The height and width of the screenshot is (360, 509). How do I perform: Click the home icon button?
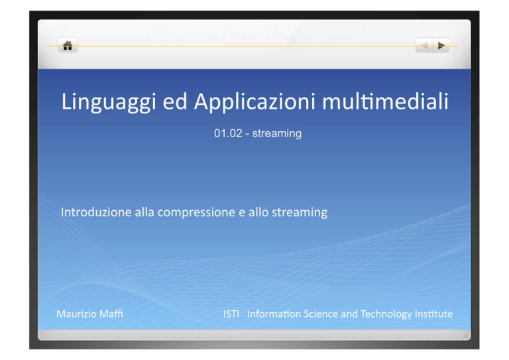tap(68, 46)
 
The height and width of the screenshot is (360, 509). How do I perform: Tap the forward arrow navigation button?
tap(441, 46)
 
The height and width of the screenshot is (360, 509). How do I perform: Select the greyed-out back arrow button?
tap(424, 46)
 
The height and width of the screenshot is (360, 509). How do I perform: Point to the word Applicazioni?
tap(254, 101)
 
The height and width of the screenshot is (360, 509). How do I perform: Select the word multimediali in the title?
tap(385, 101)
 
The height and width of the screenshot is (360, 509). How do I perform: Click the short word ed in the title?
tap(175, 101)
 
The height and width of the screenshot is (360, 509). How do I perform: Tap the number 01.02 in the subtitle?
tap(228, 133)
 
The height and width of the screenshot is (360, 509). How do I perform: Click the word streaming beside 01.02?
tap(277, 134)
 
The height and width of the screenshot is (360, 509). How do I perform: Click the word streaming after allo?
tap(300, 213)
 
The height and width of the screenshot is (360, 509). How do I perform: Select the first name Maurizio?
tap(76, 314)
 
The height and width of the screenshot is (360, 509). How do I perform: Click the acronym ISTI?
tap(231, 314)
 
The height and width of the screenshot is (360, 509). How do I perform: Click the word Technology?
tap(386, 314)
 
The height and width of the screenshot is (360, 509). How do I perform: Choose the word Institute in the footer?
tap(433, 314)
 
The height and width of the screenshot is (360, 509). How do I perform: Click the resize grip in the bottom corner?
tap(465, 335)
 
